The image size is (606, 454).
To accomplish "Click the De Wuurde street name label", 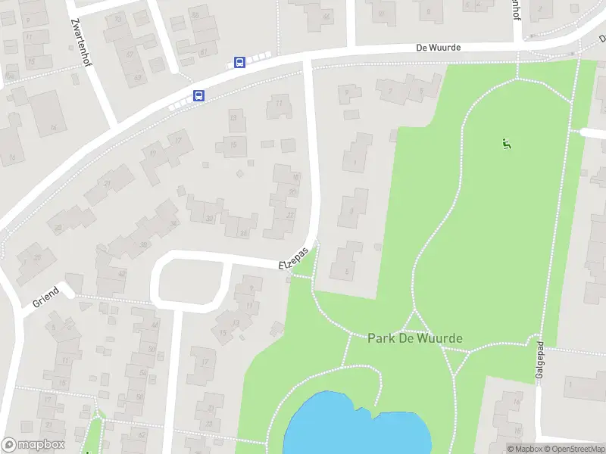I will [x=439, y=47].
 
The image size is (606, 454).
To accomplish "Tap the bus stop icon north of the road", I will [x=239, y=63].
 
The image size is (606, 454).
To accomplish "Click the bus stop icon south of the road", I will [x=198, y=95].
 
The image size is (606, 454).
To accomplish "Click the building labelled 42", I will [x=121, y=274].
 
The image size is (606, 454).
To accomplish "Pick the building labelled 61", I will [x=204, y=51].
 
